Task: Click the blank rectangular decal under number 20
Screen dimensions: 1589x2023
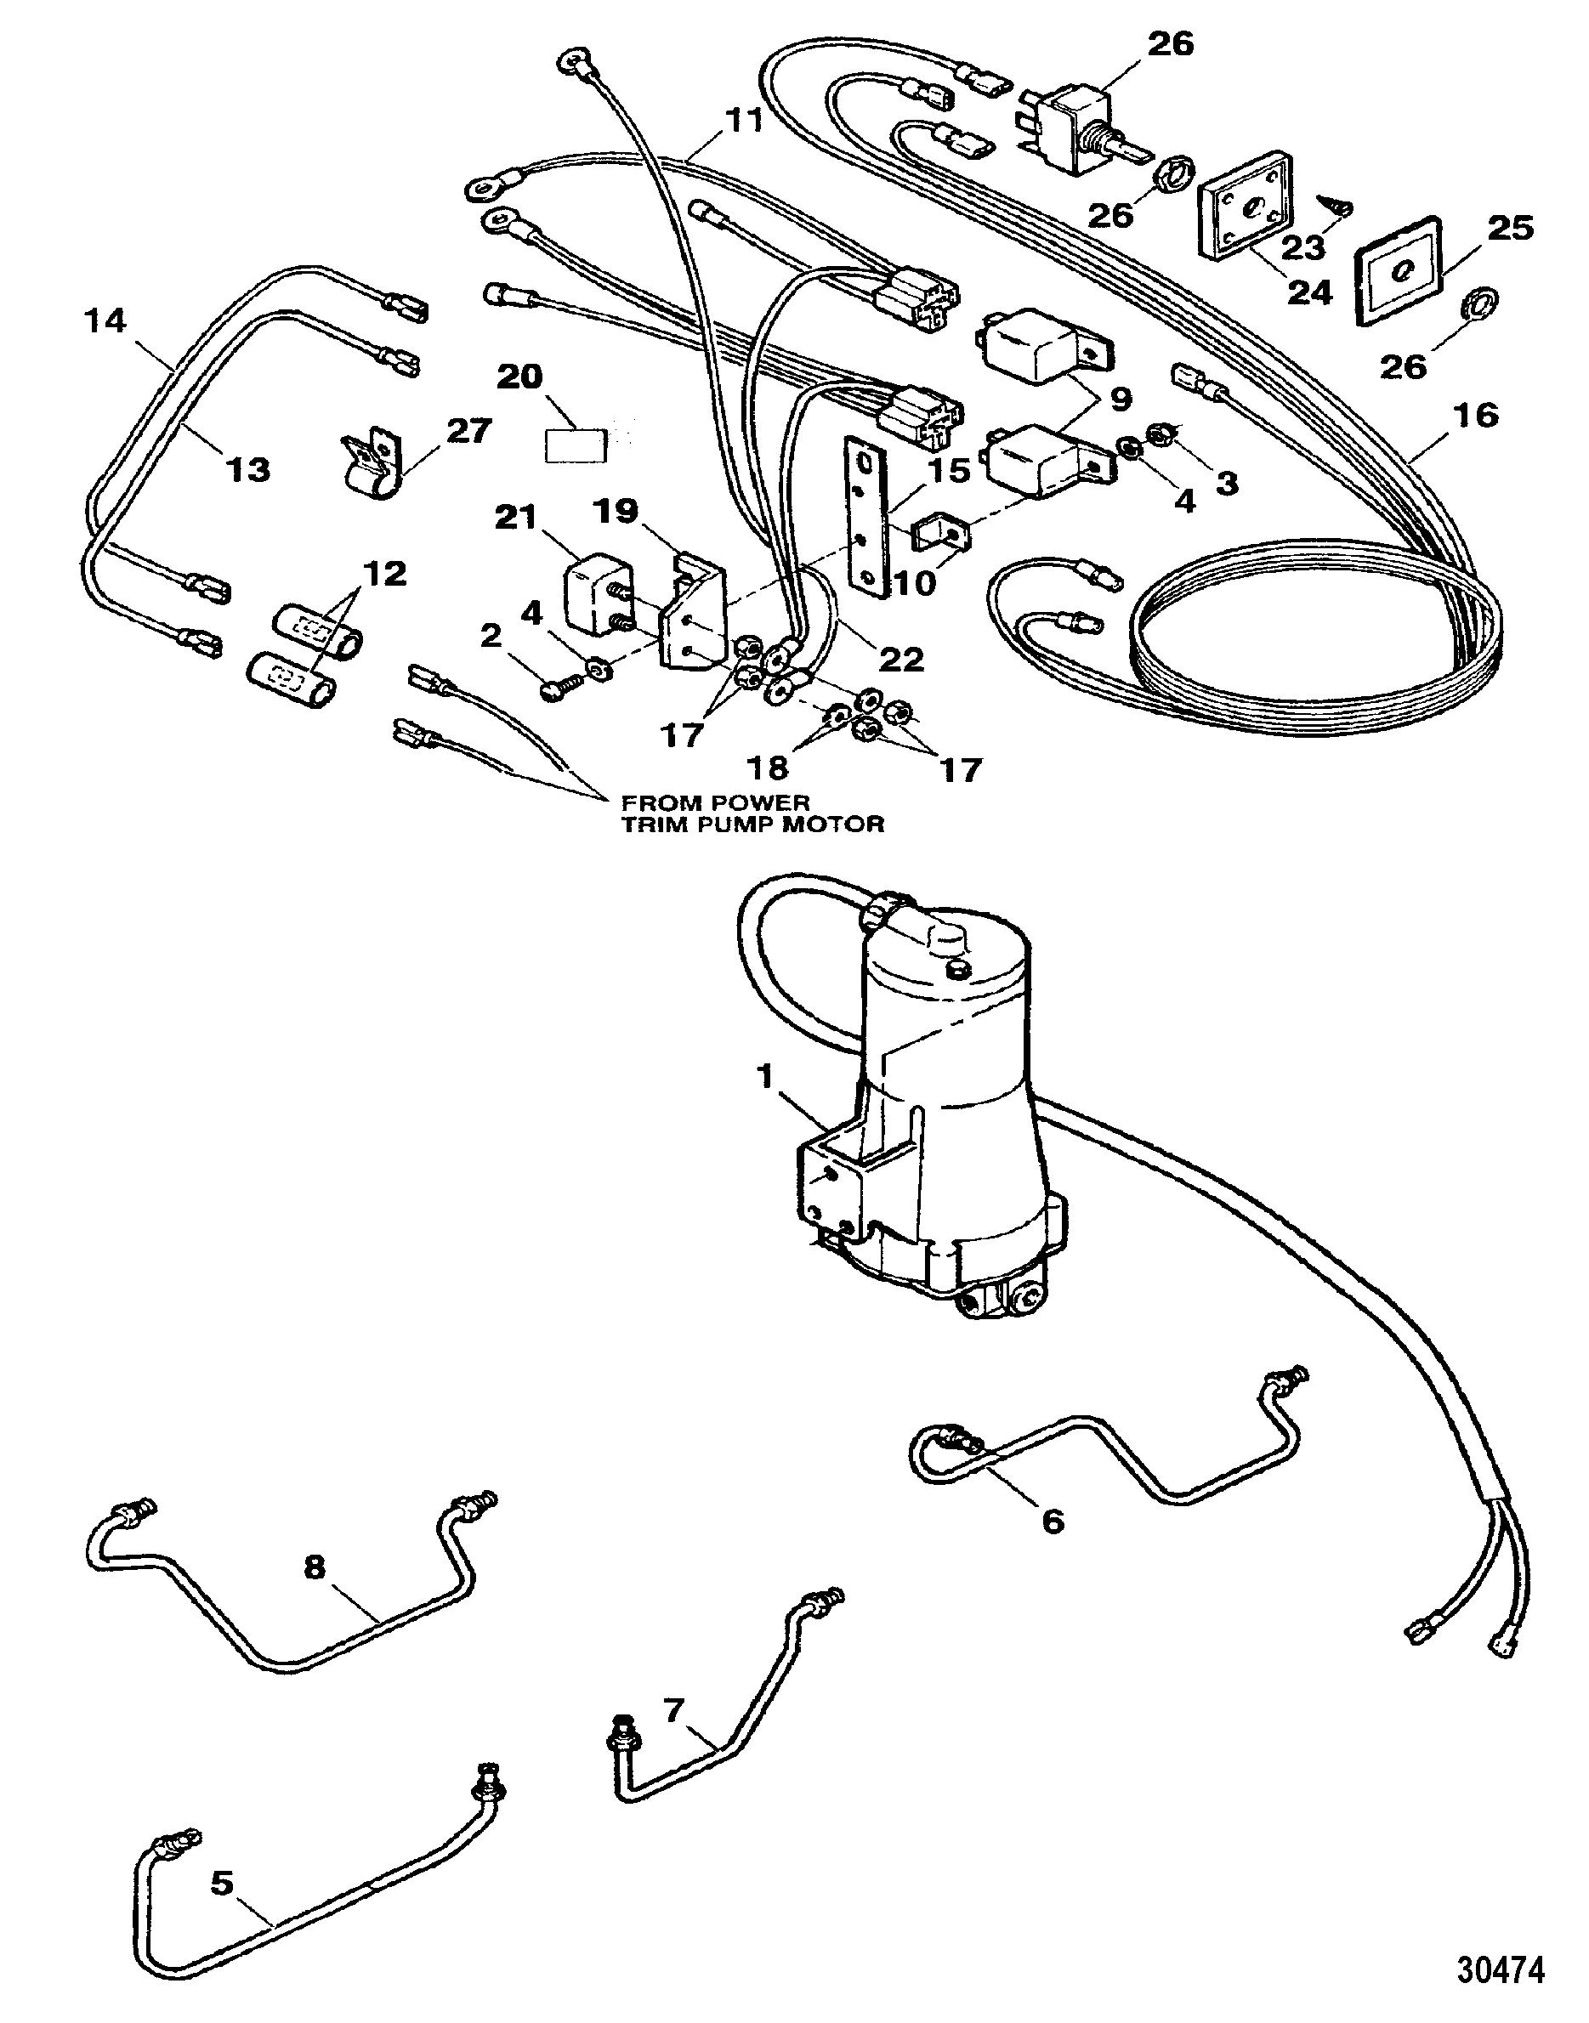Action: [x=574, y=445]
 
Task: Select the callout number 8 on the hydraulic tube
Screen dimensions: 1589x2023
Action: [x=315, y=1567]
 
